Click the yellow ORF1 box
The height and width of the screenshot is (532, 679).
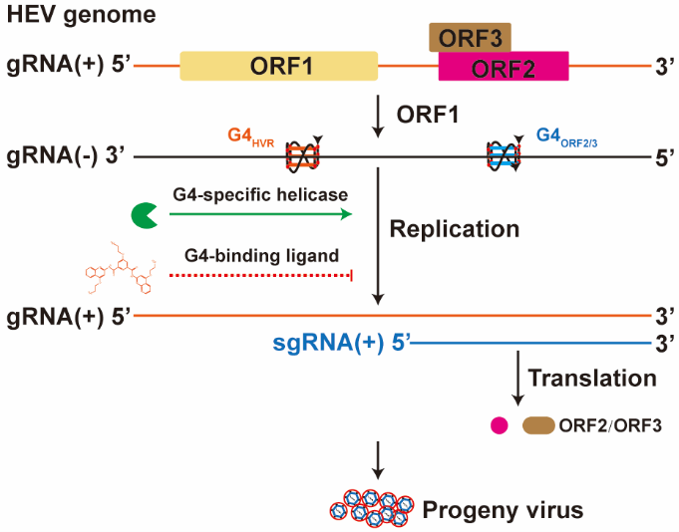278,66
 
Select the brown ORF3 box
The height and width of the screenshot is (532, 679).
470,37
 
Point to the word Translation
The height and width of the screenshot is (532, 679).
592,378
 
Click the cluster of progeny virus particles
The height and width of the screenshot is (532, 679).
371,507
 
